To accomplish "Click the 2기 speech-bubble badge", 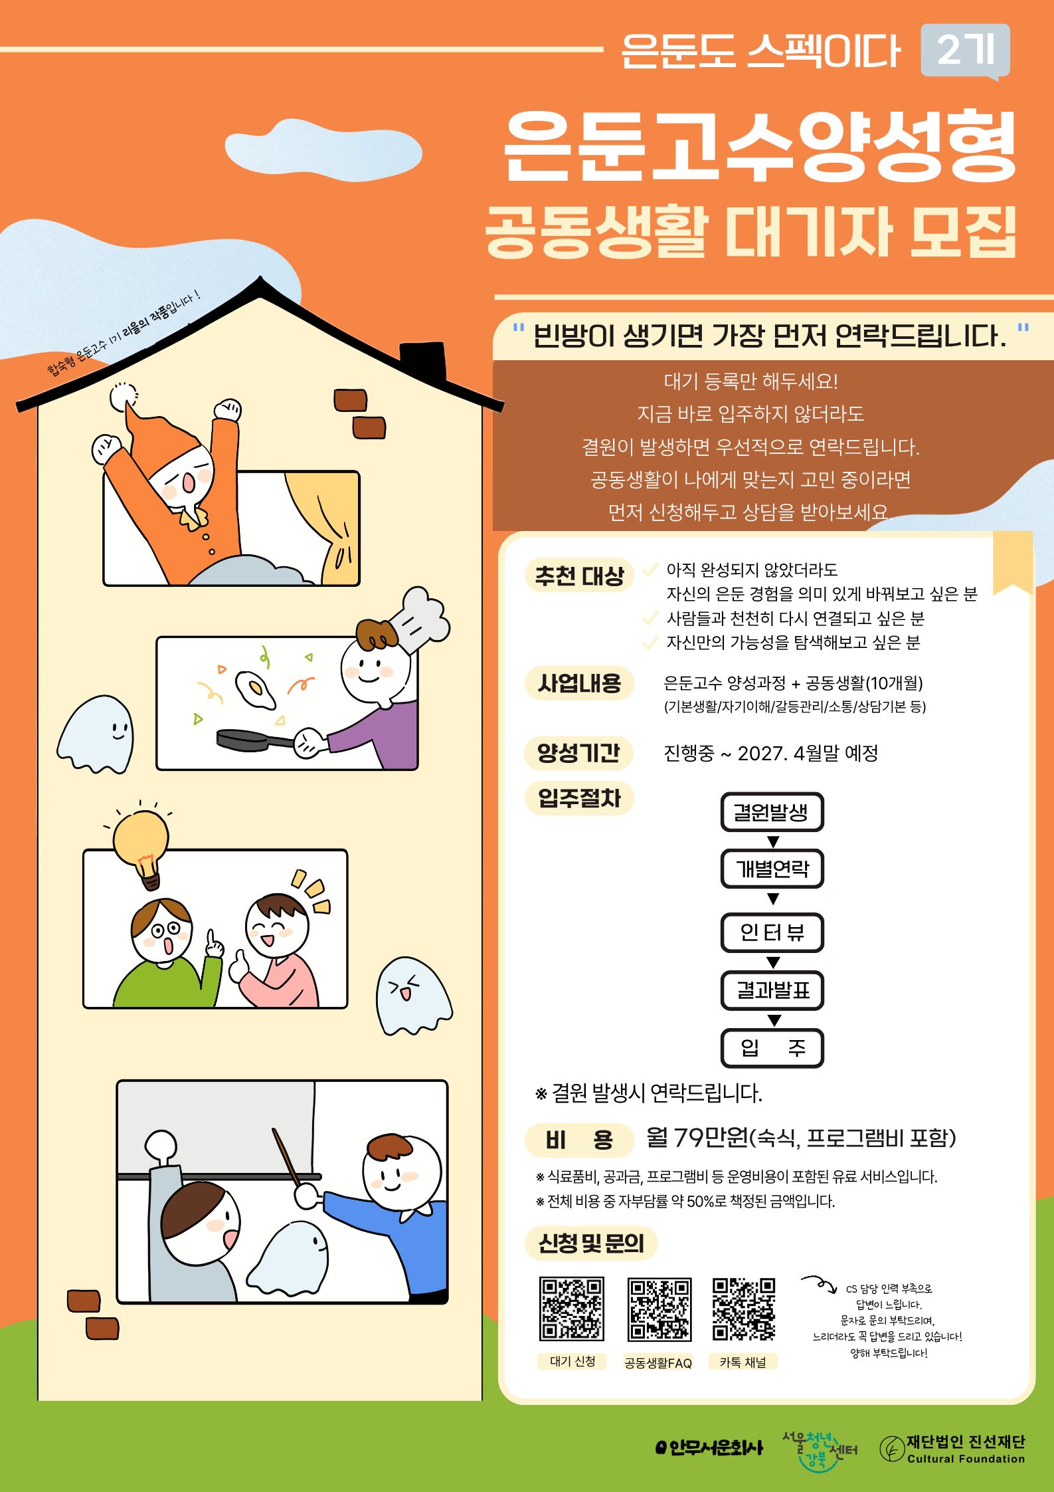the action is click(x=965, y=51).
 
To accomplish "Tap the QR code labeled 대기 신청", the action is click(x=572, y=1309).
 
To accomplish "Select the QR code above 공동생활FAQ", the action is click(x=659, y=1309).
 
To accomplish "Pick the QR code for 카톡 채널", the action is click(x=744, y=1309).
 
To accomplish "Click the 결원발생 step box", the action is click(x=772, y=811).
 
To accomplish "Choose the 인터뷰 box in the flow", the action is click(x=772, y=932).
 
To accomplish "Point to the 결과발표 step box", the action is click(x=772, y=990).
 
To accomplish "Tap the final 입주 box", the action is click(x=772, y=1048).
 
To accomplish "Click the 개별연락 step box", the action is click(x=772, y=869).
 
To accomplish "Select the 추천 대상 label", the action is click(x=579, y=575).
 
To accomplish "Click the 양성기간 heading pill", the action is click(x=578, y=753).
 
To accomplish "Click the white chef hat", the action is click(x=418, y=618).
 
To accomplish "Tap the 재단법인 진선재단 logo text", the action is click(x=966, y=1449).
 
